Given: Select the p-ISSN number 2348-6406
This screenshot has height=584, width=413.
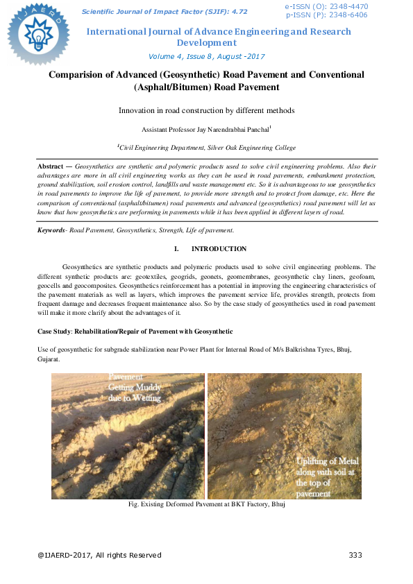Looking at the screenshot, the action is click(x=348, y=14).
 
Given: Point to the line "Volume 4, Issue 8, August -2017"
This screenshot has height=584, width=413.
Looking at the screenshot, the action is click(x=207, y=57).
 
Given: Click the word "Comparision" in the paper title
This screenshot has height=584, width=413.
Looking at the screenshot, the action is click(x=78, y=74).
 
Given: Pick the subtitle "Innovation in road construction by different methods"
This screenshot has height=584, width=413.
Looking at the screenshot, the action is click(x=207, y=110).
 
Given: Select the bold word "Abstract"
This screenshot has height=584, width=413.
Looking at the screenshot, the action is click(x=53, y=167).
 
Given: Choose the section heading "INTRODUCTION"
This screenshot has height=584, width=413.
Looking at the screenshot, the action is click(x=219, y=248).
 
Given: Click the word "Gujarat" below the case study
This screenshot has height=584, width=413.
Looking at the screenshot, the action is click(x=49, y=361).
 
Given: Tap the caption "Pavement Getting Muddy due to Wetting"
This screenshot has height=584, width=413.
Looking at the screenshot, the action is click(x=134, y=388).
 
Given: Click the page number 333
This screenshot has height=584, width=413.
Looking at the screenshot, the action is click(x=355, y=555).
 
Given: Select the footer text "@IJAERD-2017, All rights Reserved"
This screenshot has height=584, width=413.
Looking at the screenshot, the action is click(x=99, y=555).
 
